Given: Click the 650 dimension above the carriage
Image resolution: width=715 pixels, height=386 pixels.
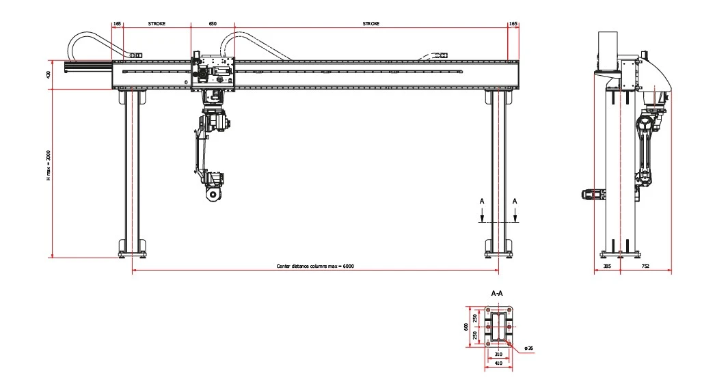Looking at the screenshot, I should (213, 23).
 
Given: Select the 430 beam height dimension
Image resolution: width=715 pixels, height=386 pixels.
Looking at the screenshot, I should (49, 75).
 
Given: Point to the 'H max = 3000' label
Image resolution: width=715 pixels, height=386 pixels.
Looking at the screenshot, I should (49, 166).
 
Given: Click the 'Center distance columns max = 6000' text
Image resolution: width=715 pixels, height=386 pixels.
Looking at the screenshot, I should (314, 266).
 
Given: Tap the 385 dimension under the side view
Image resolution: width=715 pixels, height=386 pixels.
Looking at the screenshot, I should (607, 266).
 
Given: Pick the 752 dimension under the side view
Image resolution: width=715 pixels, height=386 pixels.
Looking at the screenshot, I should (645, 266).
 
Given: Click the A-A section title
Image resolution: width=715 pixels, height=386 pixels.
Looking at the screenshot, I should (498, 293).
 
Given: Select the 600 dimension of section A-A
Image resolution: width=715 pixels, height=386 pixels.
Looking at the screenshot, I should (466, 327).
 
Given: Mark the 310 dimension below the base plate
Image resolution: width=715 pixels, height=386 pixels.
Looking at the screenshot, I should (498, 354).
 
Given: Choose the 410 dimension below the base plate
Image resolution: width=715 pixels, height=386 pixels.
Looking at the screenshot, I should (498, 364).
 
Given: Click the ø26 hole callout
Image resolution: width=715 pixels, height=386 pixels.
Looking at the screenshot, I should (528, 348).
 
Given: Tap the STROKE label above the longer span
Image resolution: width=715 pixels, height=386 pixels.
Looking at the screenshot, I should (371, 23).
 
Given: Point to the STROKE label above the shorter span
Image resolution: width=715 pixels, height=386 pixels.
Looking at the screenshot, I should (157, 23).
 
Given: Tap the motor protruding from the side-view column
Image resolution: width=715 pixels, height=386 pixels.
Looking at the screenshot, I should (592, 195).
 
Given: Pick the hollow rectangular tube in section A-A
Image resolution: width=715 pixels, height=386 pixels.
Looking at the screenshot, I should (498, 327).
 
